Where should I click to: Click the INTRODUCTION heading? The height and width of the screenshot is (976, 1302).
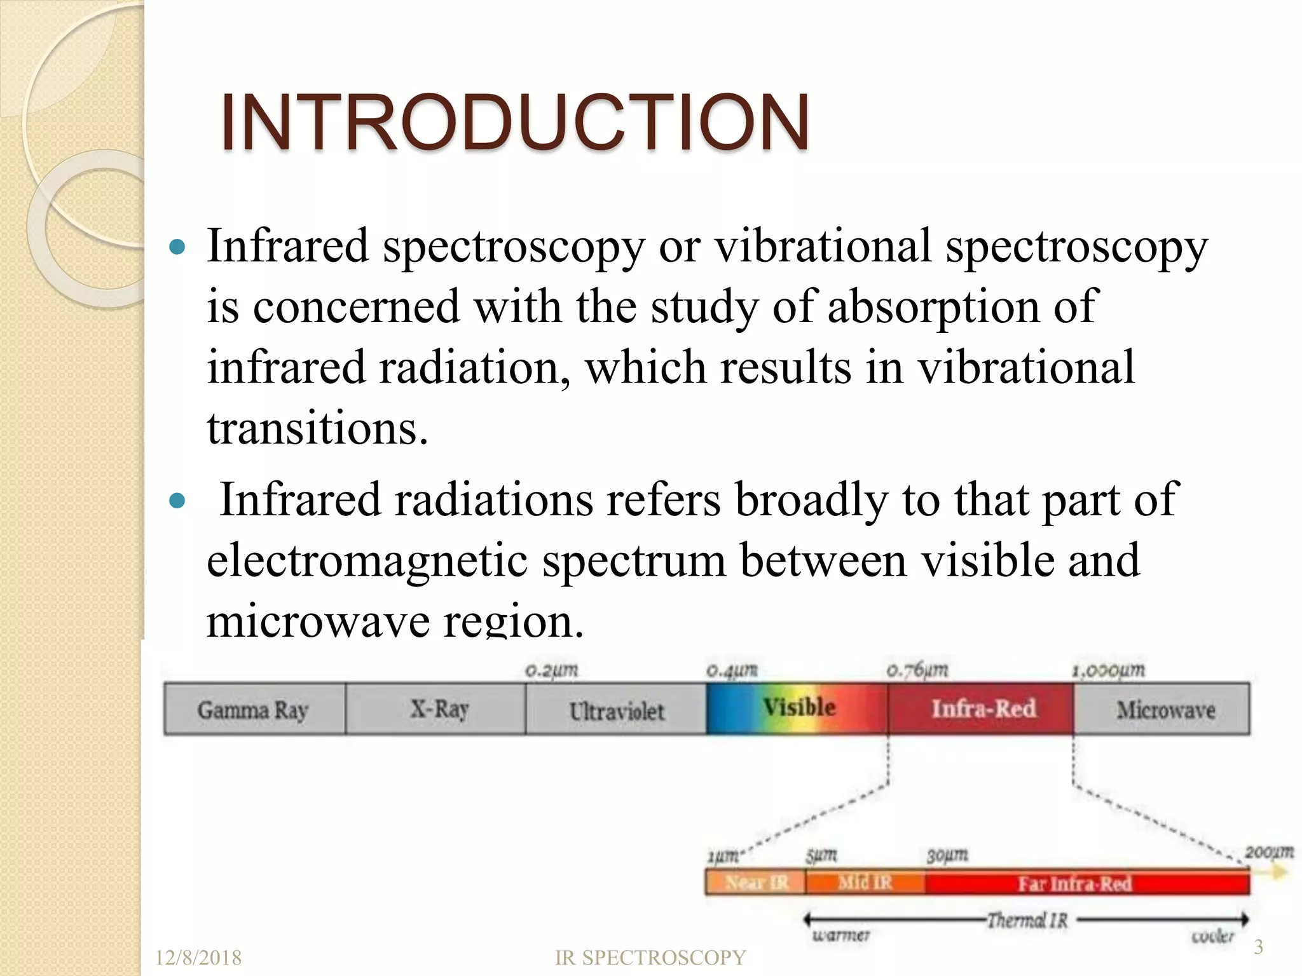[x=515, y=123]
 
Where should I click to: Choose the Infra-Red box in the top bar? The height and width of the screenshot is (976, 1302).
[x=982, y=708]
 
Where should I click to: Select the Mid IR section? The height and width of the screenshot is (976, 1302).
[x=865, y=883]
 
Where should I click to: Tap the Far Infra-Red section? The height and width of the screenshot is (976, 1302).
[x=1074, y=884]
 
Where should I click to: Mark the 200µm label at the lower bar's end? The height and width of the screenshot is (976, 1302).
[x=1268, y=852]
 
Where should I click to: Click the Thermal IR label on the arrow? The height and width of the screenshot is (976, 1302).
[x=1026, y=920]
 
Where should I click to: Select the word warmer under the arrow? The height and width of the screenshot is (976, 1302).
[x=840, y=935]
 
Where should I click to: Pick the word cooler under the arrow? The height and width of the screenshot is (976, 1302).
[x=1212, y=936]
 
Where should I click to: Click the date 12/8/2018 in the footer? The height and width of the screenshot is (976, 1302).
[x=198, y=958]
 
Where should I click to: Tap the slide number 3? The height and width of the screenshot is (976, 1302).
[x=1257, y=947]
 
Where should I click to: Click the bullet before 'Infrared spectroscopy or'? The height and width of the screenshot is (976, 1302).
[x=178, y=247]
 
